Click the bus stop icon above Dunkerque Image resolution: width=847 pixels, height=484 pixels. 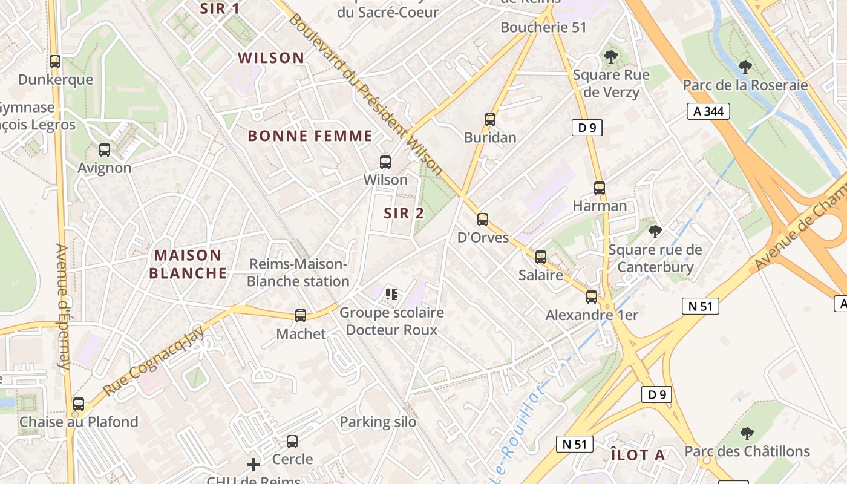55,62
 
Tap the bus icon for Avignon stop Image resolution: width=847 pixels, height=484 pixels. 105,150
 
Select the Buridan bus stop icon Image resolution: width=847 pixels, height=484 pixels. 490,120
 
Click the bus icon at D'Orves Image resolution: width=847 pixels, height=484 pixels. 483,220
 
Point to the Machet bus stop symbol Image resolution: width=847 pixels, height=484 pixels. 301,316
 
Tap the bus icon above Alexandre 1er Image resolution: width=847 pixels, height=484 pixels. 592,297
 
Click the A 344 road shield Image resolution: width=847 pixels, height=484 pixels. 708,111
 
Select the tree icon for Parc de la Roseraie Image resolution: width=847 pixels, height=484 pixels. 745,67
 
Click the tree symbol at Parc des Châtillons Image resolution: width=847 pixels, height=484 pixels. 747,434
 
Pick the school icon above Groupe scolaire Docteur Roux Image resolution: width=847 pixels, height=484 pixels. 391,295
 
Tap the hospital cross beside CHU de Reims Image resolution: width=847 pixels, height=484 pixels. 253,465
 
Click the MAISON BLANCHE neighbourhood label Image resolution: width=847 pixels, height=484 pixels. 188,264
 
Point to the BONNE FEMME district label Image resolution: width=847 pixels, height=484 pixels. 310,136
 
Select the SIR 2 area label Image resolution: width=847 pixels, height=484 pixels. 404,213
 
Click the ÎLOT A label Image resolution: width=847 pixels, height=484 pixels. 638,455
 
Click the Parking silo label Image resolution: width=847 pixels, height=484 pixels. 378,422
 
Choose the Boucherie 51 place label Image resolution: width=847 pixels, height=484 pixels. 543,27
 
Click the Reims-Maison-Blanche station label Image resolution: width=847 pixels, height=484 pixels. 298,273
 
